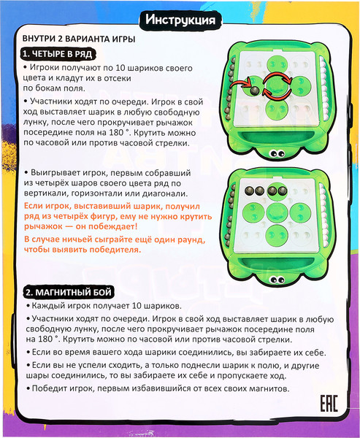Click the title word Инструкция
click(179, 20)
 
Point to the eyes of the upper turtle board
click(277, 153)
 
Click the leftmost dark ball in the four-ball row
click(248, 191)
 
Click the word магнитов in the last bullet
click(261, 388)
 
